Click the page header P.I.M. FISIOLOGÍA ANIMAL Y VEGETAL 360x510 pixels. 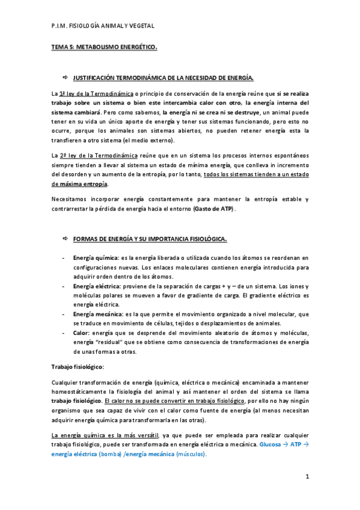[x=103, y=26]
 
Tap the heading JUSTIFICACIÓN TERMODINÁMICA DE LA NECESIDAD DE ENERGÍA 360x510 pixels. [x=163, y=78]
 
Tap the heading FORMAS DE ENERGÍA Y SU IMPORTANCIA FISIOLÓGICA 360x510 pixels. [x=150, y=239]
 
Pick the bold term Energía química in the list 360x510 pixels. [x=95, y=257]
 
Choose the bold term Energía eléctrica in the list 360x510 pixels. [x=96, y=286]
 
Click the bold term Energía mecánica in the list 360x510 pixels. [x=97, y=314]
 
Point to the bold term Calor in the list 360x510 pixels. [x=81, y=333]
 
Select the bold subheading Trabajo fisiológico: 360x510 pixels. [x=78, y=366]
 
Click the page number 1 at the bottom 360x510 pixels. [x=307, y=477]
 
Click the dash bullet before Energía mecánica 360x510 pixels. [x=64, y=314]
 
